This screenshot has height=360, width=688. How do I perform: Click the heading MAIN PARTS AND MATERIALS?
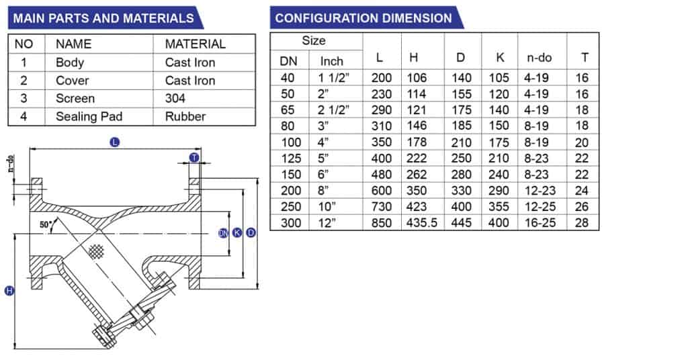tap(103, 18)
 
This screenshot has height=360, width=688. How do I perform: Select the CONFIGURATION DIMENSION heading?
tap(363, 18)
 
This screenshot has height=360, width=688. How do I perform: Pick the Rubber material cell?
tap(185, 116)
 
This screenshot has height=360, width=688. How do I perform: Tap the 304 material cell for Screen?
tap(176, 98)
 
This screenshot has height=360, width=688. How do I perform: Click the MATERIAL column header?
tap(196, 44)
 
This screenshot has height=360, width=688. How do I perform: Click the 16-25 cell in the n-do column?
tap(540, 222)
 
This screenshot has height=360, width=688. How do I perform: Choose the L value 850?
tap(381, 222)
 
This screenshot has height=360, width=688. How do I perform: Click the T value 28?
tap(582, 222)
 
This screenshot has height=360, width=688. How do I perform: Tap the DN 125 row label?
tap(288, 158)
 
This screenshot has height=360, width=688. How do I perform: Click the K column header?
tap(499, 58)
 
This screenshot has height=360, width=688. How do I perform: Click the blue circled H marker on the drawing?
tap(9, 290)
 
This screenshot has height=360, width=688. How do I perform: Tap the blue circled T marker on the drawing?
tap(194, 157)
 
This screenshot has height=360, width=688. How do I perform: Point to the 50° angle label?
tap(46, 226)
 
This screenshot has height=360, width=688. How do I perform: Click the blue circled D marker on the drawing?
tap(251, 233)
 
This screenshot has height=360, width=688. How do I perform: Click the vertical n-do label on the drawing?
tap(11, 165)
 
